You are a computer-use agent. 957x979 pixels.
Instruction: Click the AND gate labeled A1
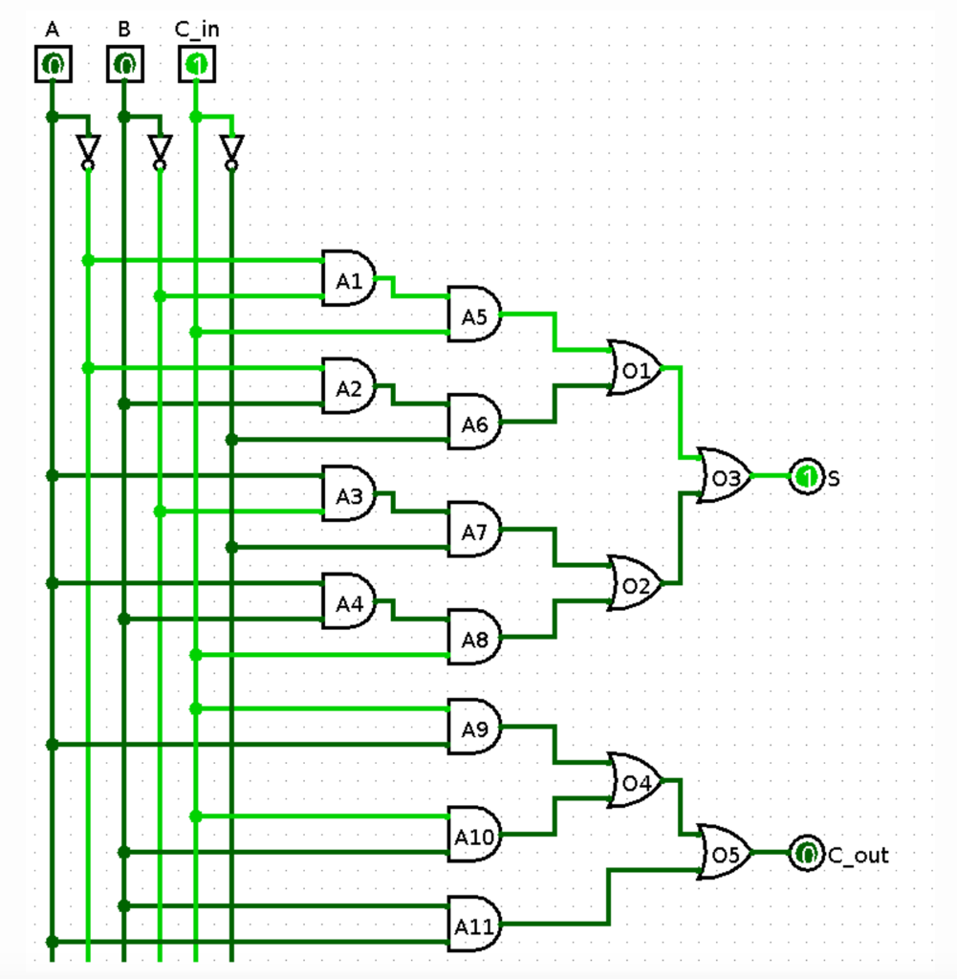click(x=349, y=278)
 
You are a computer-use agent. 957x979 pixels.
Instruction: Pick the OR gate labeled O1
click(x=635, y=368)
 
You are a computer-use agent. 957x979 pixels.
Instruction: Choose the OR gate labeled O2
click(x=635, y=583)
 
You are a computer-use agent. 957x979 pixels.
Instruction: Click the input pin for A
click(x=53, y=65)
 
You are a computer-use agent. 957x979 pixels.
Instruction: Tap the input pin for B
click(x=124, y=65)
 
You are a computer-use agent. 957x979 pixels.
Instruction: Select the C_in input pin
click(x=196, y=65)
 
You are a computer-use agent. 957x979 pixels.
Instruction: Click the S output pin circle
click(x=806, y=476)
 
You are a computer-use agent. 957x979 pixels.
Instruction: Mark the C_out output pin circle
click(x=806, y=853)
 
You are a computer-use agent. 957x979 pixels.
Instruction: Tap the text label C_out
click(x=858, y=855)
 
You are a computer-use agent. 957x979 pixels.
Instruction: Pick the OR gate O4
click(x=635, y=780)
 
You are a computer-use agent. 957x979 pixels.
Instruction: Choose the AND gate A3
click(x=349, y=493)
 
